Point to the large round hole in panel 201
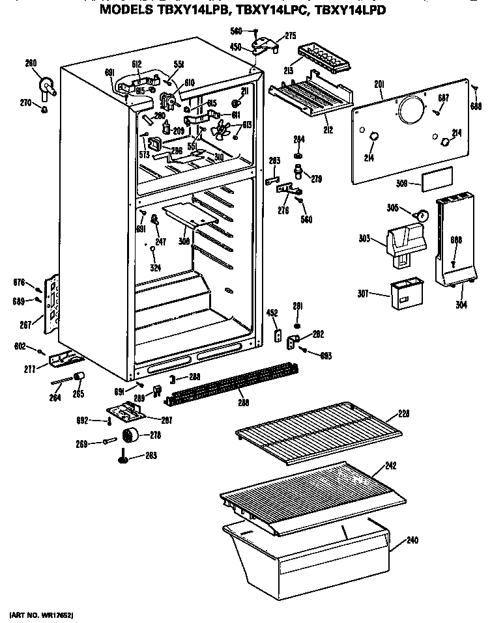[411, 109]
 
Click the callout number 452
[272, 313]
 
